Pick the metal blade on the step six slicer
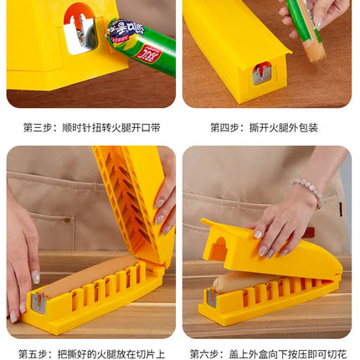[x=213, y=299]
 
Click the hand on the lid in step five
[x=164, y=197]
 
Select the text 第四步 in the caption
[x=224, y=128]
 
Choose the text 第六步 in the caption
[x=204, y=352]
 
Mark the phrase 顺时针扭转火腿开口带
[x=109, y=128]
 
